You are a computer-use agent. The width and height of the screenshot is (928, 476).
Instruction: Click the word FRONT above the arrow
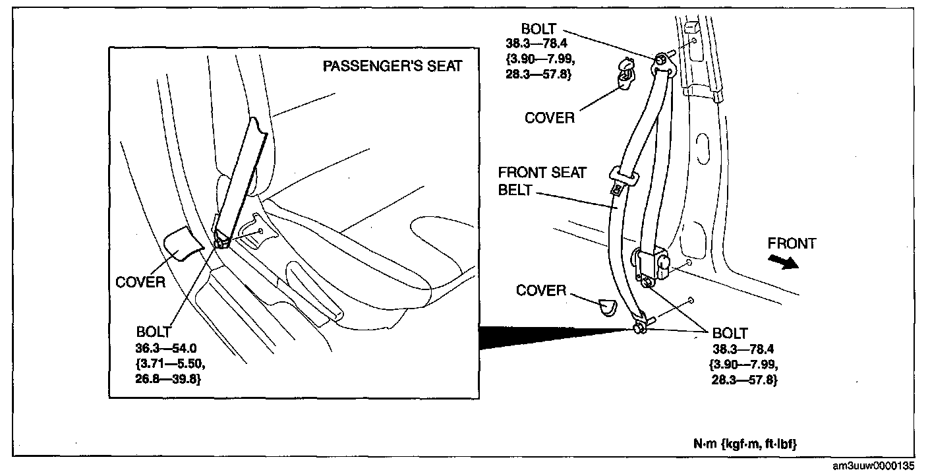791,243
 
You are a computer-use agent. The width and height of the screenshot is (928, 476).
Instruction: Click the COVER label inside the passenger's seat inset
140,282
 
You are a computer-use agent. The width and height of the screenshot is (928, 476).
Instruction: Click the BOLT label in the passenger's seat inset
154,332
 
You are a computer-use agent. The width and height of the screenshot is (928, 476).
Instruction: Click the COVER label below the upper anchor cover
550,118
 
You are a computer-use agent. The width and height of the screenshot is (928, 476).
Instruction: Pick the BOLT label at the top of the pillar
538,29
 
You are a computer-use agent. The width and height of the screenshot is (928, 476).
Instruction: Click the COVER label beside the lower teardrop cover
541,291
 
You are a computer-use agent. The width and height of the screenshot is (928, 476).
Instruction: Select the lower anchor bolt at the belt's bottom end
639,328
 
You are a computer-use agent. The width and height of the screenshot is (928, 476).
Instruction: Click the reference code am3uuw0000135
873,466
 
